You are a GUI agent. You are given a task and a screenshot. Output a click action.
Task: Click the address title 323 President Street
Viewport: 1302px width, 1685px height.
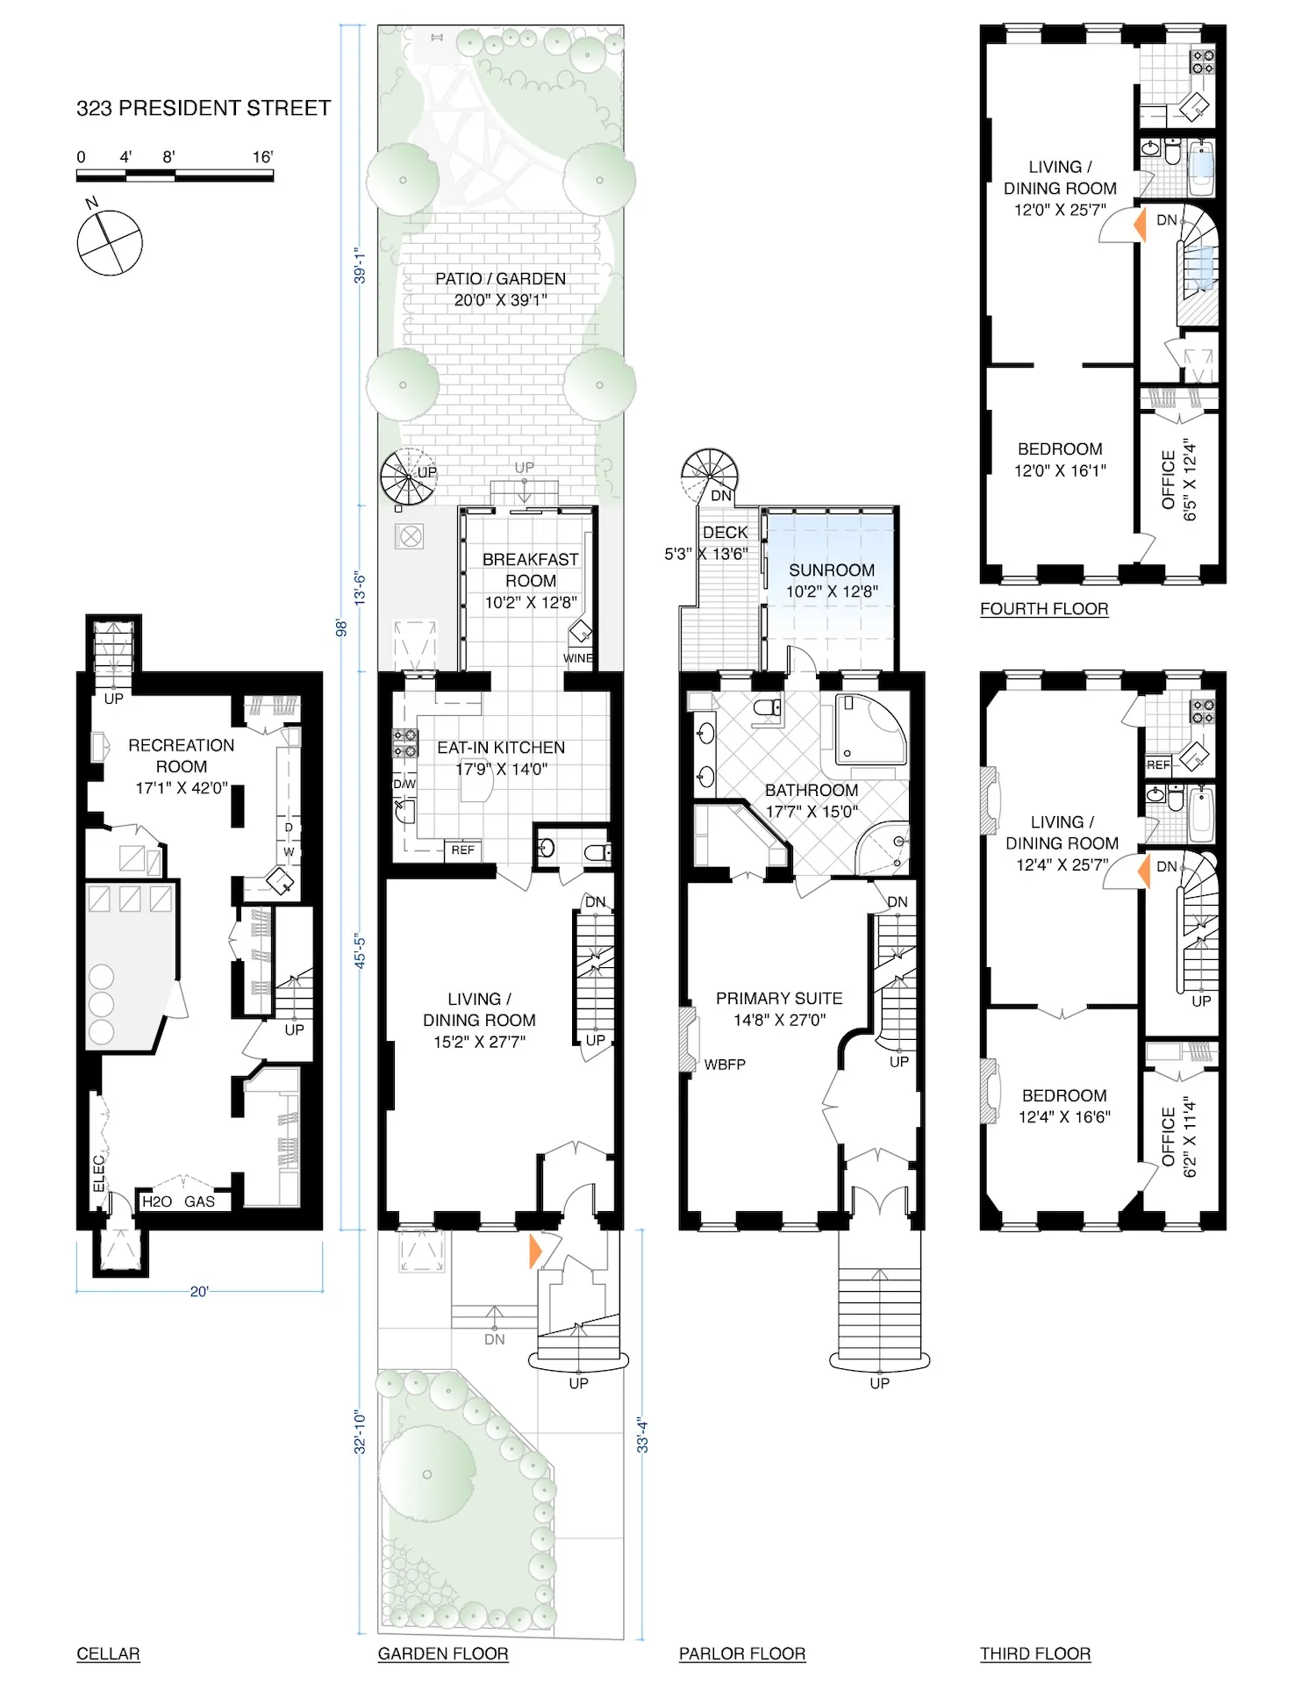(204, 108)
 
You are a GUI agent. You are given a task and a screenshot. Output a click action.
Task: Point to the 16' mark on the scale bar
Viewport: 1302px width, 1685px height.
(262, 157)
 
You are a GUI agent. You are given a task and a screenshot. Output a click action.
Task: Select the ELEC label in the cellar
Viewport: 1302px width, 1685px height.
(99, 1172)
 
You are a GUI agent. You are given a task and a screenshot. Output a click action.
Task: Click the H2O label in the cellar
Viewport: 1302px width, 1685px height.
(157, 1201)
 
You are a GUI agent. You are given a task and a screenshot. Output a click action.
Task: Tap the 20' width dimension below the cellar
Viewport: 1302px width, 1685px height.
(199, 1291)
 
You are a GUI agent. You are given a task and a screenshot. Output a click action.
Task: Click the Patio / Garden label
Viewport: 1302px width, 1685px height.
(500, 289)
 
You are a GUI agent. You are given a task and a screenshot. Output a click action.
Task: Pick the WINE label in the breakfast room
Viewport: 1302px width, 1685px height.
(577, 658)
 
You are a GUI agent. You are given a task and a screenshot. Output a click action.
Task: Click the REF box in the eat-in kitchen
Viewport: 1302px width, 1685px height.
(462, 850)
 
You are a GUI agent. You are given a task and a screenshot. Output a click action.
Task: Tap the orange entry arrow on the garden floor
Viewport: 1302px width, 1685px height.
(535, 1251)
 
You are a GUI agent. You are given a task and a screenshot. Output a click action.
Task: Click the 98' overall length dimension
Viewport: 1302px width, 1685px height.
(342, 627)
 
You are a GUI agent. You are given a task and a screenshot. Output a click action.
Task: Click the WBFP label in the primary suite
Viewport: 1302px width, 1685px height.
(725, 1065)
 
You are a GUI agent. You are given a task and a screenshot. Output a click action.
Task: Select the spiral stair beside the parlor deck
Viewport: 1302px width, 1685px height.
(709, 475)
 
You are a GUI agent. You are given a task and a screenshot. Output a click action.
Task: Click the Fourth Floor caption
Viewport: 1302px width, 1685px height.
(1043, 609)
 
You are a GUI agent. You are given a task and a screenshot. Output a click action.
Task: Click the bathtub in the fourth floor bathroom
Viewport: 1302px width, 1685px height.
(1201, 168)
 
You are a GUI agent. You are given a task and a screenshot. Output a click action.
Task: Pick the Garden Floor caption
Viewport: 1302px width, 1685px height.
(442, 1654)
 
